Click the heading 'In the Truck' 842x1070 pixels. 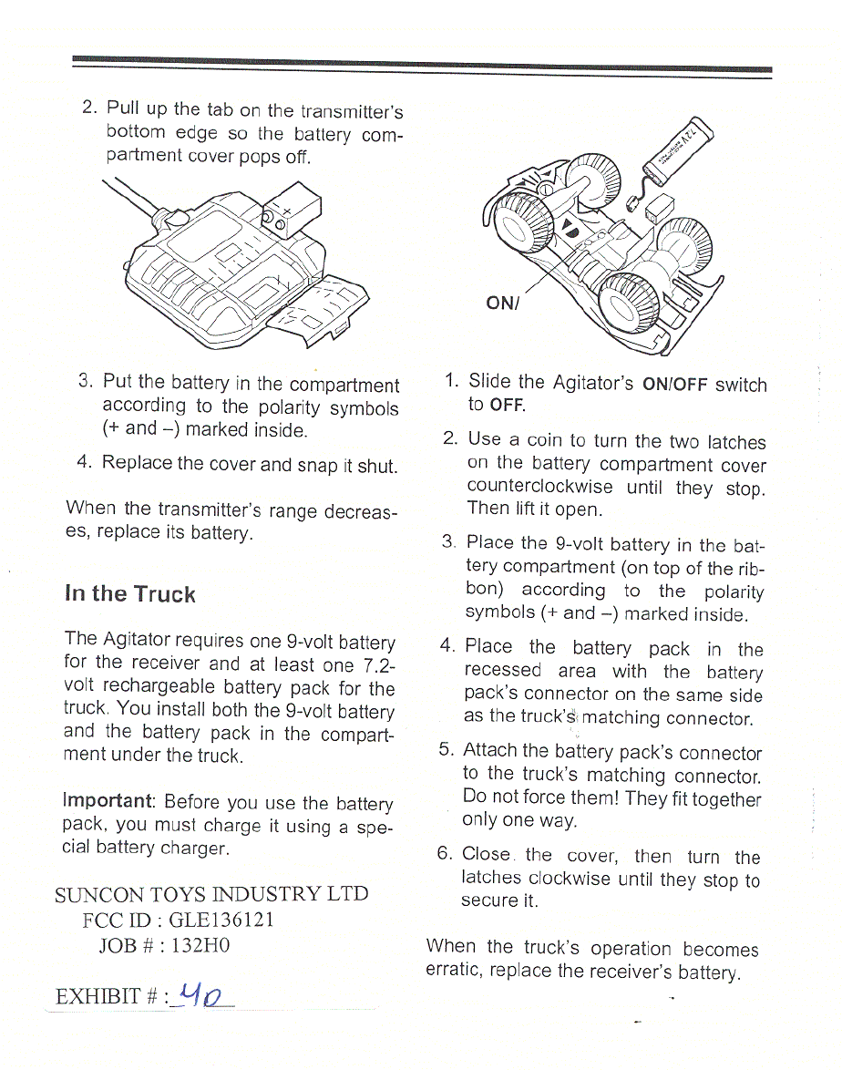[x=130, y=594]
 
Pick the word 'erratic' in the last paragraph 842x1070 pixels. [x=455, y=972]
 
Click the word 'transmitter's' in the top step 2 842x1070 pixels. [x=350, y=112]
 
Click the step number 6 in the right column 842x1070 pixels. [x=444, y=854]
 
